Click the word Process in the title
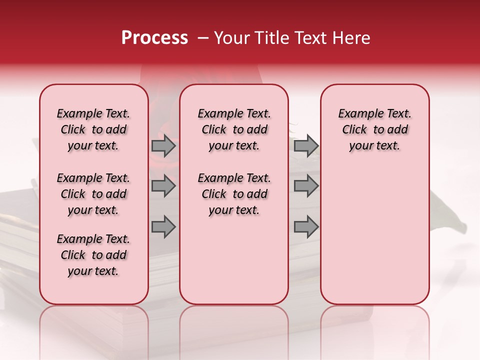[x=154, y=38]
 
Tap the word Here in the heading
[x=351, y=38]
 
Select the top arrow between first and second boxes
[x=163, y=146]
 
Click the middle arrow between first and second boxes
[x=163, y=186]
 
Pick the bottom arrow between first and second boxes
[x=163, y=227]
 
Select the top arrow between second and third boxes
[x=306, y=146]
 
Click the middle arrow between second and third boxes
[x=306, y=186]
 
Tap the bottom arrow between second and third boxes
[x=306, y=227]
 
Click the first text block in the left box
[x=93, y=129]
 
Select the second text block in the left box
[x=93, y=194]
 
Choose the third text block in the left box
[x=93, y=255]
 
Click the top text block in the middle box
[x=234, y=129]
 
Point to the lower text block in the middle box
[x=234, y=194]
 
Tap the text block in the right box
[x=375, y=129]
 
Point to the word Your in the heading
[x=232, y=38]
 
